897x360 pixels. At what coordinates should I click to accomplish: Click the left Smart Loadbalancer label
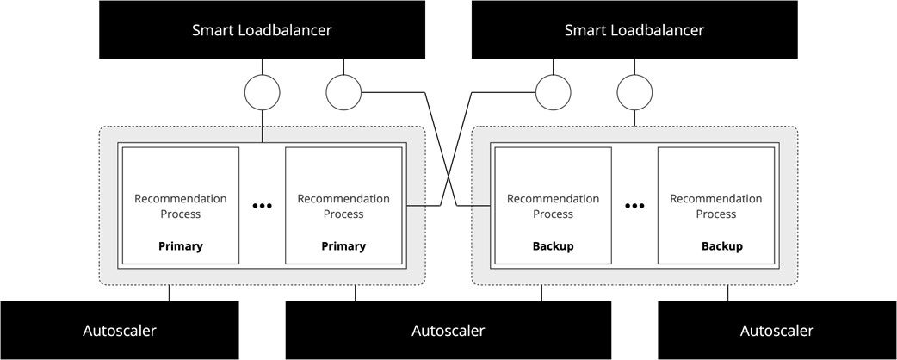click(x=262, y=30)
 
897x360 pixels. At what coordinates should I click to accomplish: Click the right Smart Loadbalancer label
click(x=634, y=30)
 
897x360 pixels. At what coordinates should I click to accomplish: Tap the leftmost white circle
click(x=263, y=93)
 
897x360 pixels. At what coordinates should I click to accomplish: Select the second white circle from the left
click(x=343, y=93)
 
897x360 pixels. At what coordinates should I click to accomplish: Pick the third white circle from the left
click(x=553, y=93)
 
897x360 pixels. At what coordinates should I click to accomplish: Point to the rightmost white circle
click(x=634, y=93)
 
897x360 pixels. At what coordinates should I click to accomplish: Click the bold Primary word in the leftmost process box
click(x=181, y=246)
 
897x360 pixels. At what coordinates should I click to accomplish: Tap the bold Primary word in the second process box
click(x=343, y=246)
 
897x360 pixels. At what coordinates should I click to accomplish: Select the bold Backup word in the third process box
click(x=553, y=246)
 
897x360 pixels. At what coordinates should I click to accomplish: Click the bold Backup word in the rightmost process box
click(x=721, y=246)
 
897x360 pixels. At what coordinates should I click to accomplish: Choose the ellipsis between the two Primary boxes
click(x=263, y=206)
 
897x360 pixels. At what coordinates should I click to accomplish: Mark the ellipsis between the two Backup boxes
click(x=634, y=206)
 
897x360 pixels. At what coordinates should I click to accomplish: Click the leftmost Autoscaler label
click(x=120, y=331)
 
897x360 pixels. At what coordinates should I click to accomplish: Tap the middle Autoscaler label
click(x=448, y=331)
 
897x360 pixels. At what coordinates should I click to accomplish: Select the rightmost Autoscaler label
click(x=776, y=331)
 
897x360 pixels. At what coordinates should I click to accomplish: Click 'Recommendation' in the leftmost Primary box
click(x=181, y=199)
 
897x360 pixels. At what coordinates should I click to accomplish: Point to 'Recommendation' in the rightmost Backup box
click(x=716, y=199)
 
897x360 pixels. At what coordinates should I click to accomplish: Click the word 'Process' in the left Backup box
click(x=553, y=214)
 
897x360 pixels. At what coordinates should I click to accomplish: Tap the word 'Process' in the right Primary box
click(x=343, y=214)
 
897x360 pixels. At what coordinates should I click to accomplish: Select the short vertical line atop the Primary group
click(x=263, y=133)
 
